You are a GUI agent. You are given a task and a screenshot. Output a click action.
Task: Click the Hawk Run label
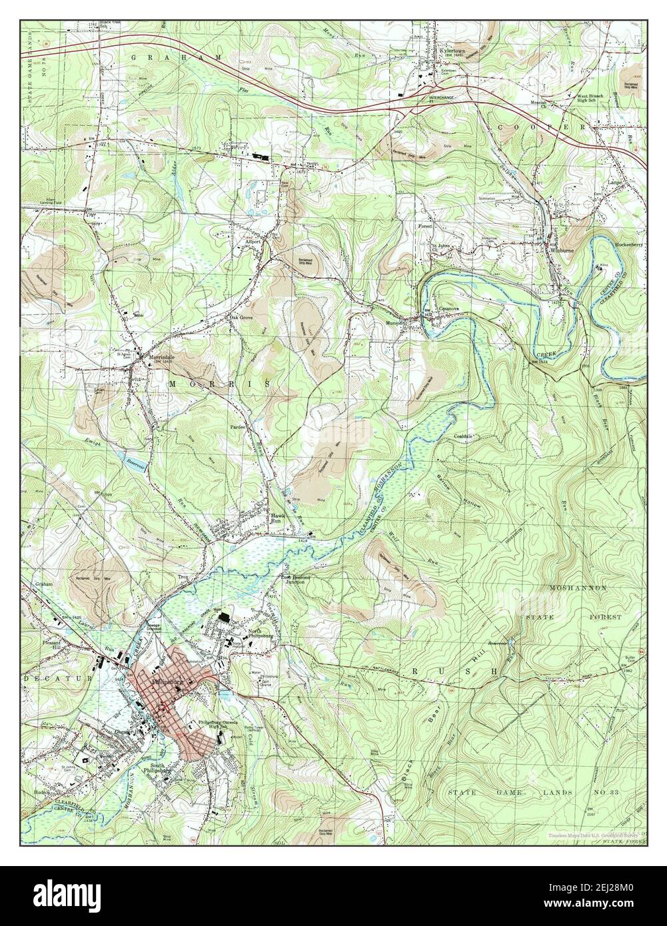pos(277,519)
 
